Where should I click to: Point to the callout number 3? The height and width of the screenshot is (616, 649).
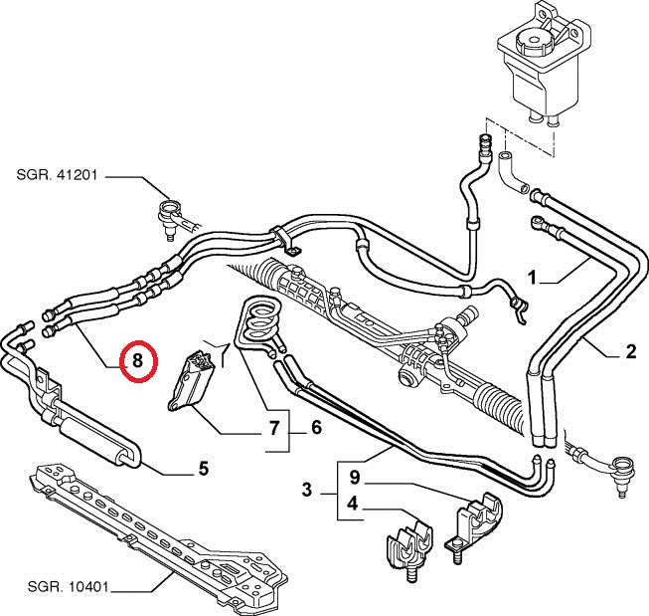point(307,489)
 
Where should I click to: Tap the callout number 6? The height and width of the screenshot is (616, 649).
point(272,428)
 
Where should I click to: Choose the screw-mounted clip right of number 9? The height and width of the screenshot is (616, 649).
point(474,521)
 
